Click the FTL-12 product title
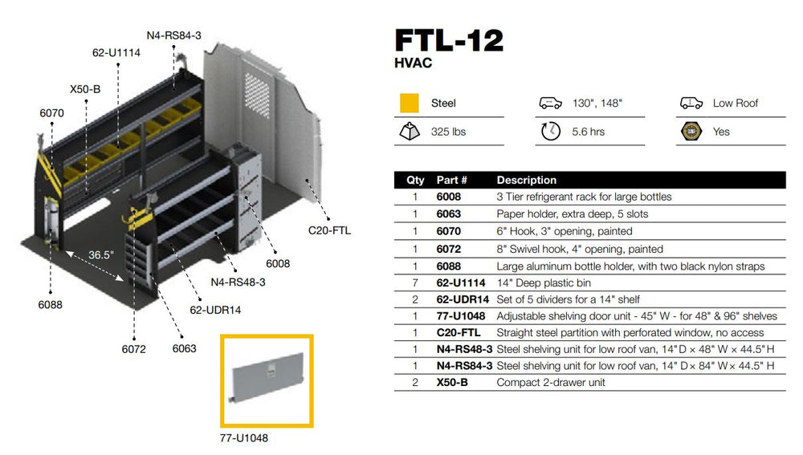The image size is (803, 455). point(450,41)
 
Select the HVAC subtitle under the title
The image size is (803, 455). point(413,63)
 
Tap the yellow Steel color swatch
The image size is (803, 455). point(410,104)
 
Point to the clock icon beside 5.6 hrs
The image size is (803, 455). point(550,132)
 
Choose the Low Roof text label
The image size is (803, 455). point(735,104)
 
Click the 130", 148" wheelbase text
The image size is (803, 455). point(598,104)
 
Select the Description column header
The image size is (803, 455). point(526,180)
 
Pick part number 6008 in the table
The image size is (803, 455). point(448,197)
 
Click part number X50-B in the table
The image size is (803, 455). point(451,383)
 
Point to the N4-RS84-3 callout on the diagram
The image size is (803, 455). point(173,35)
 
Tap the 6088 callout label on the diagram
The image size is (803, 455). point(50,305)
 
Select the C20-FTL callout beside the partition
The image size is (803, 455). point(329,230)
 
